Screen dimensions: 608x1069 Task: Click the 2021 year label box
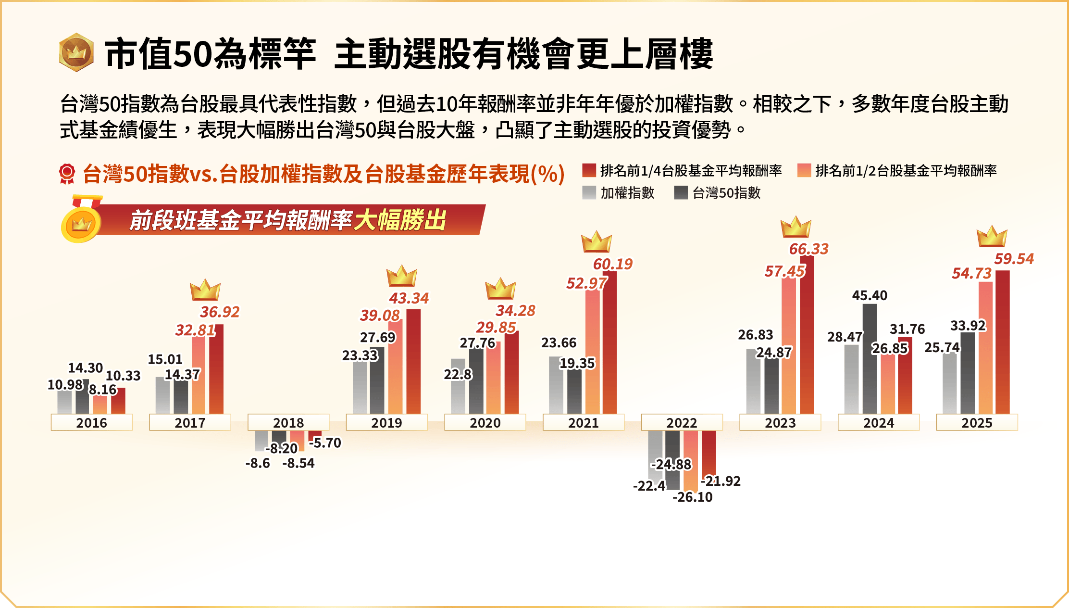583,422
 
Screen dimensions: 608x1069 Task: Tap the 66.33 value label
809,249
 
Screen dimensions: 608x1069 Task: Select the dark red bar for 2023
807,337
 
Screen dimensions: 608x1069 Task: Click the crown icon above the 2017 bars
205,290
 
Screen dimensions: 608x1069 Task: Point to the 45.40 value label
870,295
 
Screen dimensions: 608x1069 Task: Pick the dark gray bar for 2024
870,361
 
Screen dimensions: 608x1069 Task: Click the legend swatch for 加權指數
589,193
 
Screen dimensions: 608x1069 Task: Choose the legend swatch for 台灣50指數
681,193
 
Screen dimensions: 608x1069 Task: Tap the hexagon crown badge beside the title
76,52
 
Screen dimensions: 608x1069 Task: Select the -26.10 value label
692,497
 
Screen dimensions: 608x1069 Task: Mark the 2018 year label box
288,422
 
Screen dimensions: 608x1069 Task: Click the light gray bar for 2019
360,390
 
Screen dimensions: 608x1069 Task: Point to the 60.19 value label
613,264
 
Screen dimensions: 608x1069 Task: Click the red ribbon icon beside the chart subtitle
67,174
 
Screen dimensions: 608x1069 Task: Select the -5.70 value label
325,443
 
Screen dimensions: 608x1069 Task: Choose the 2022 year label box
682,422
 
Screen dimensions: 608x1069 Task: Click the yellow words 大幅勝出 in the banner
400,221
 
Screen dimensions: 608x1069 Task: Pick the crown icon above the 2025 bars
992,237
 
